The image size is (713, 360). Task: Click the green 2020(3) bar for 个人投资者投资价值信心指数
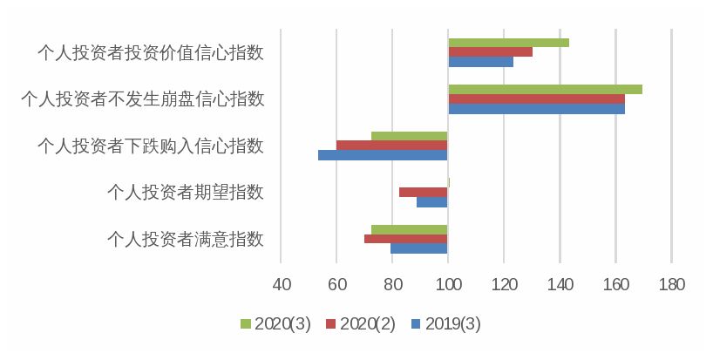(508, 43)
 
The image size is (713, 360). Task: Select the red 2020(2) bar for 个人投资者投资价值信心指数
(490, 52)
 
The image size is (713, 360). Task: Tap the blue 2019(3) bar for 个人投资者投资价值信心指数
(480, 62)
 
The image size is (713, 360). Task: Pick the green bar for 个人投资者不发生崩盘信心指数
(545, 89)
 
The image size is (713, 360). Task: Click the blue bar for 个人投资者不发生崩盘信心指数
(536, 109)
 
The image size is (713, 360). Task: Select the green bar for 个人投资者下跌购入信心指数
(409, 136)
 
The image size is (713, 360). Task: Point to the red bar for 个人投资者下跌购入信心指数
(391, 146)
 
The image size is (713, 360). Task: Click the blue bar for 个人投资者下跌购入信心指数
(383, 155)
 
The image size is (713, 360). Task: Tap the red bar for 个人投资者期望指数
(423, 192)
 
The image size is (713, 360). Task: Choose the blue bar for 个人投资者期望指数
(431, 202)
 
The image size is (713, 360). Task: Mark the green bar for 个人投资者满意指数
(409, 229)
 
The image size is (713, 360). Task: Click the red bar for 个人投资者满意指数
(405, 239)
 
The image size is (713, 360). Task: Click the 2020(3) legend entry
(274, 323)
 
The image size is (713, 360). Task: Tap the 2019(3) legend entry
(445, 323)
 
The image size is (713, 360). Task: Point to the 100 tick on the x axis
(448, 285)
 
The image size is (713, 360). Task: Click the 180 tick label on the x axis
(672, 285)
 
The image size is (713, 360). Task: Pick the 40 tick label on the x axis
(281, 285)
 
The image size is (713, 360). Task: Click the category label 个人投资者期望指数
(184, 192)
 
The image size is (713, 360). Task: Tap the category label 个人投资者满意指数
(184, 239)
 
